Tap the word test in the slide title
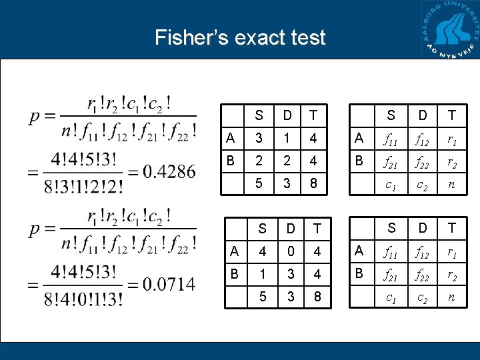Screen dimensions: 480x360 [x=305, y=37]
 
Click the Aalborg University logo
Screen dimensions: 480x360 [x=451, y=30]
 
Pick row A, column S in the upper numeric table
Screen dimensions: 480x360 [x=259, y=139]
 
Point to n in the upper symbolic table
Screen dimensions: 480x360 [x=452, y=182]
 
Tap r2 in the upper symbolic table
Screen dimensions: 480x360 [x=452, y=161]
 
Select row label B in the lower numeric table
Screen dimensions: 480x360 [x=233, y=273]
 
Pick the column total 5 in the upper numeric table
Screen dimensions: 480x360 [x=259, y=182]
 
